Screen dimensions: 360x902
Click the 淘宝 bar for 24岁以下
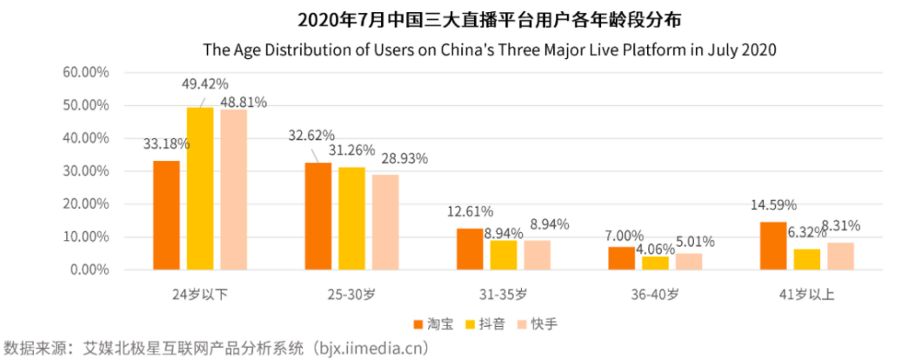pos(166,215)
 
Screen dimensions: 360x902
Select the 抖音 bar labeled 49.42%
pos(200,188)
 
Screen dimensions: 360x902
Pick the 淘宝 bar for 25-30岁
pos(317,216)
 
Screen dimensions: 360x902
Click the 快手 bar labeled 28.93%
pos(385,222)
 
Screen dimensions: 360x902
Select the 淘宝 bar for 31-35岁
pos(470,249)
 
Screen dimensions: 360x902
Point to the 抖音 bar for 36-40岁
pos(655,263)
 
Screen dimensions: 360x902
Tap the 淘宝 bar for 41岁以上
pos(773,245)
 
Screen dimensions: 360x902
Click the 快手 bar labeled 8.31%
pos(840,256)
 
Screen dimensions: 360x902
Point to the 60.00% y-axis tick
pos(85,72)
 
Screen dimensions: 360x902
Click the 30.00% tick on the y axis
pos(85,170)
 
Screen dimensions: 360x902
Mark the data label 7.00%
pos(625,235)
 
